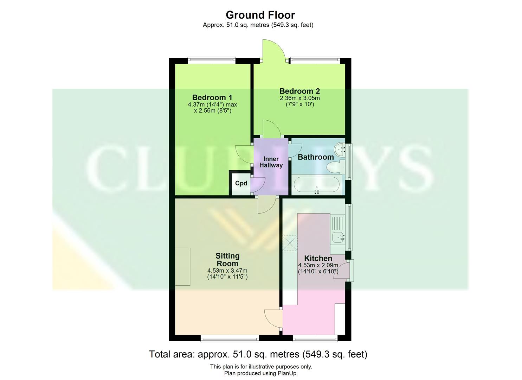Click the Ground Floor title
pos(260,15)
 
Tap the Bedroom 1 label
pos(212,97)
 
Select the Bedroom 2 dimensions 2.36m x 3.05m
pos(299,98)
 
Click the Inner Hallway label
pos(271,162)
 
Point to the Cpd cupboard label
pos(241,183)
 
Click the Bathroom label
pos(316,157)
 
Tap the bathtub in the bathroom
pos(317,185)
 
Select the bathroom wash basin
pos(340,150)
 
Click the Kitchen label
pos(318,259)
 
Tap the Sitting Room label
pos(227,260)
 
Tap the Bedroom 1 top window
pos(211,61)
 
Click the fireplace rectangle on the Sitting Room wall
pos(182,266)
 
